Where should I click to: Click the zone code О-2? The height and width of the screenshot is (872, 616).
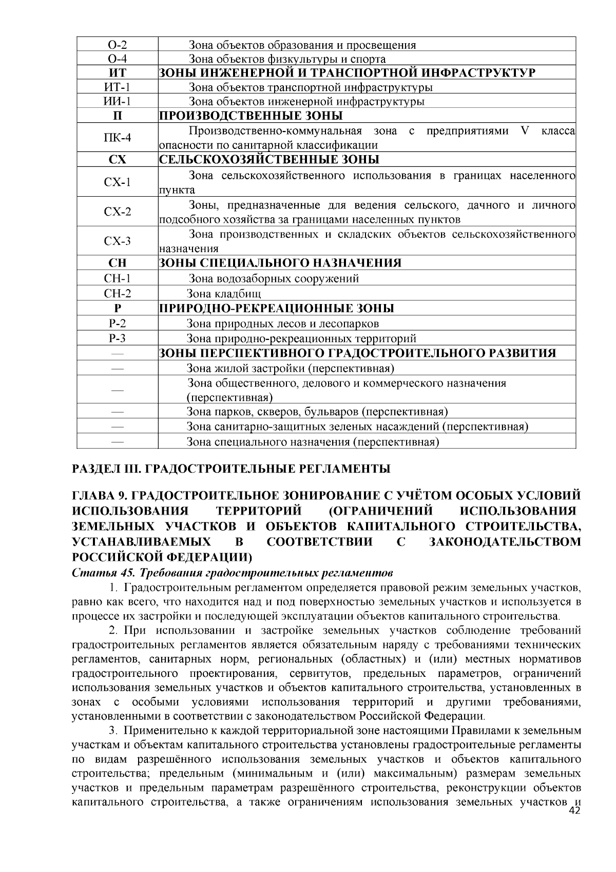point(118,45)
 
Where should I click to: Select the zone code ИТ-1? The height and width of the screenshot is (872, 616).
point(118,87)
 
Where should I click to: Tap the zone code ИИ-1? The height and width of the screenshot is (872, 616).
point(118,101)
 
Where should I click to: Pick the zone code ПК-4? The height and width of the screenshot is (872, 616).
point(118,138)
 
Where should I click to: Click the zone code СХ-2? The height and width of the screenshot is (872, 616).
point(118,212)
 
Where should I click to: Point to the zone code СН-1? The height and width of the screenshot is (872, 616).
point(118,278)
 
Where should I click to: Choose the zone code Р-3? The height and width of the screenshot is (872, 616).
point(118,338)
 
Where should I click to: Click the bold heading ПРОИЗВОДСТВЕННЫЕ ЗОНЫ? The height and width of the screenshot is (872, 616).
point(251,116)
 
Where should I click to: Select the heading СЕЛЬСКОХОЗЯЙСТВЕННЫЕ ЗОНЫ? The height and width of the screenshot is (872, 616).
point(269,159)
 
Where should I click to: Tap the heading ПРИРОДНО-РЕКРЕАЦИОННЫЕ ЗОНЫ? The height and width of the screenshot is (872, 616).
point(276,308)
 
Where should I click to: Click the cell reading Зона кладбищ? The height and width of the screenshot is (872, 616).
point(224,294)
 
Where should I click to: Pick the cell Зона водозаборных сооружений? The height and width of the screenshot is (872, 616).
point(274,279)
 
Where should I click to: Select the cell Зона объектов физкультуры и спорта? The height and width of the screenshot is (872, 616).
point(287,59)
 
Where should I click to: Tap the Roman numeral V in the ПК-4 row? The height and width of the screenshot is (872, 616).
point(524,130)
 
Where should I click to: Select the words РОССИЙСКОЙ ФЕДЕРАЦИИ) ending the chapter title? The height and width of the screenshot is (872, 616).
point(162,557)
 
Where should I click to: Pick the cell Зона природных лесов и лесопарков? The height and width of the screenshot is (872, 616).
point(283,324)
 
